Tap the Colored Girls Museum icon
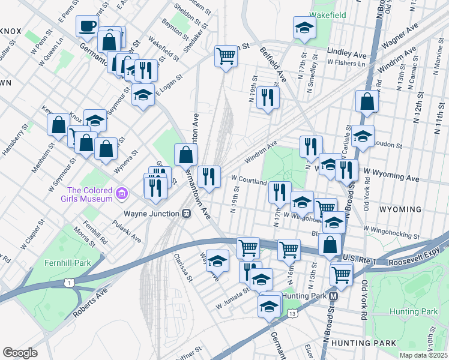122,193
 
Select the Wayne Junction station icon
186,213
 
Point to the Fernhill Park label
67,263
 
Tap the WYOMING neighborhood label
400,209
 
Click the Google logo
20,353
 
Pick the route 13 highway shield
292,313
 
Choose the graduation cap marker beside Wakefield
304,27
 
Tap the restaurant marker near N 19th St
268,97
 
